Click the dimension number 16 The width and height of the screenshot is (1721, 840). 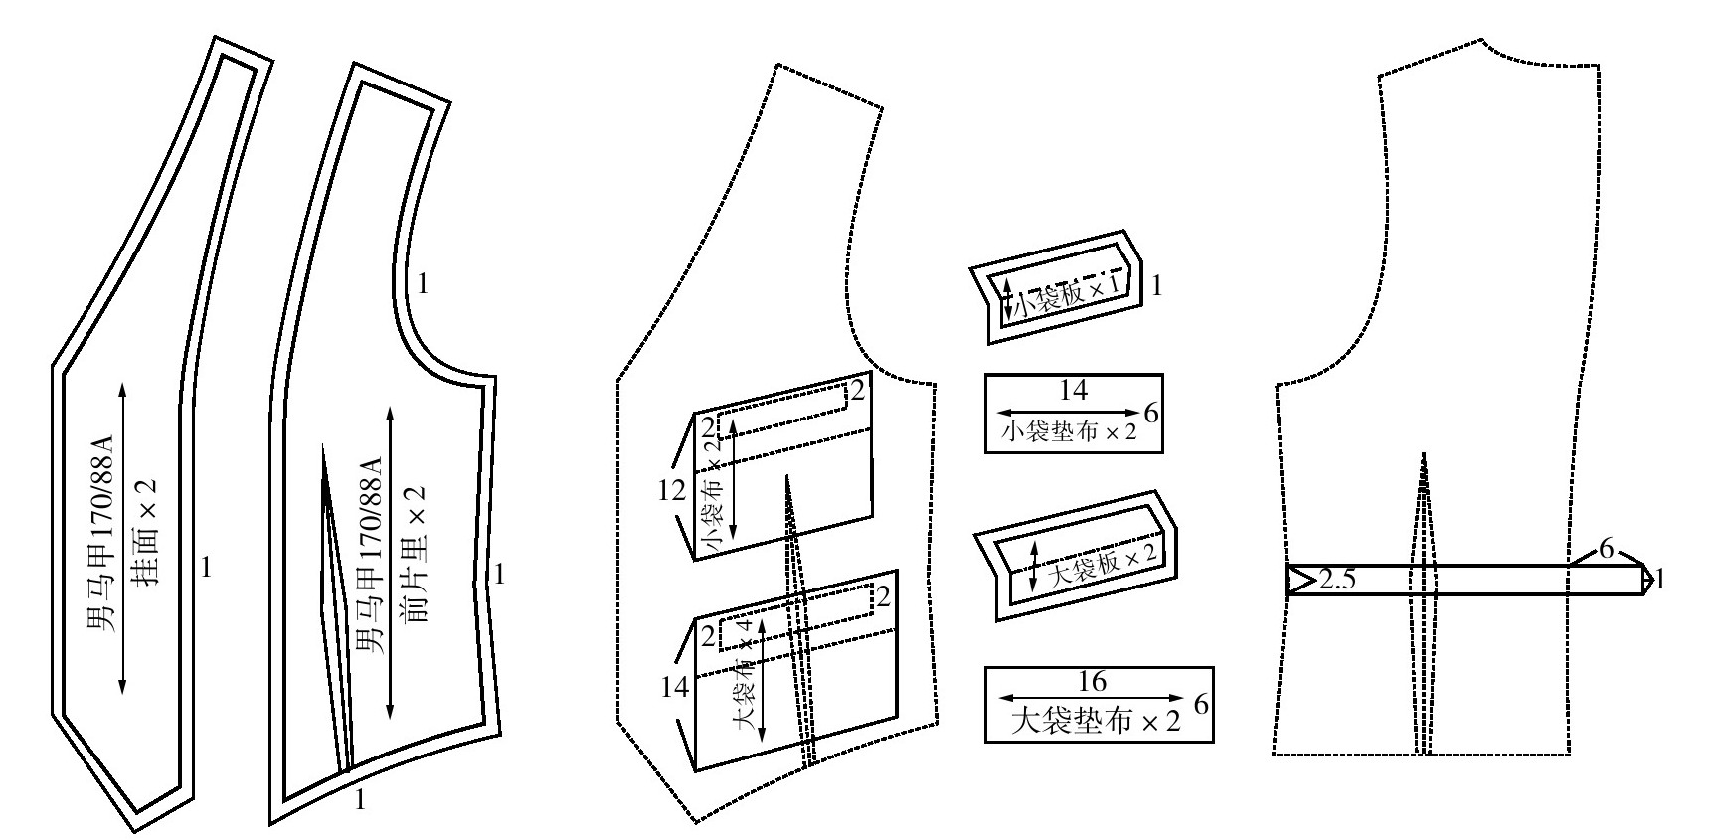tap(1092, 682)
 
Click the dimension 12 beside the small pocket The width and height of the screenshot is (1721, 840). tap(673, 490)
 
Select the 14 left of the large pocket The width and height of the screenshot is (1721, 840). tap(675, 686)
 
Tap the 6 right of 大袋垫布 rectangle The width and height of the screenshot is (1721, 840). tap(1201, 704)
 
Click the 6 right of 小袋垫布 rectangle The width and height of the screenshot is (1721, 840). tap(1151, 414)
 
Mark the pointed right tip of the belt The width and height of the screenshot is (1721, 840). tap(1653, 580)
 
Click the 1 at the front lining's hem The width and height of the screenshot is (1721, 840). tap(360, 799)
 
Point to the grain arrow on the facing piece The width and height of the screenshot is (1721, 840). tap(122, 537)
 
